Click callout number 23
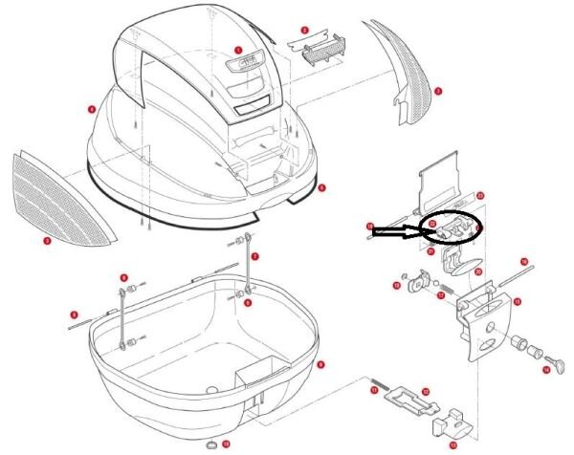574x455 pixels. click(x=480, y=195)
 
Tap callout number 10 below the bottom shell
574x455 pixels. click(x=226, y=444)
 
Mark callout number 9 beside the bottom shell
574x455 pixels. click(x=320, y=364)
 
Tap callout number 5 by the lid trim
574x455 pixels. click(x=322, y=187)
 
